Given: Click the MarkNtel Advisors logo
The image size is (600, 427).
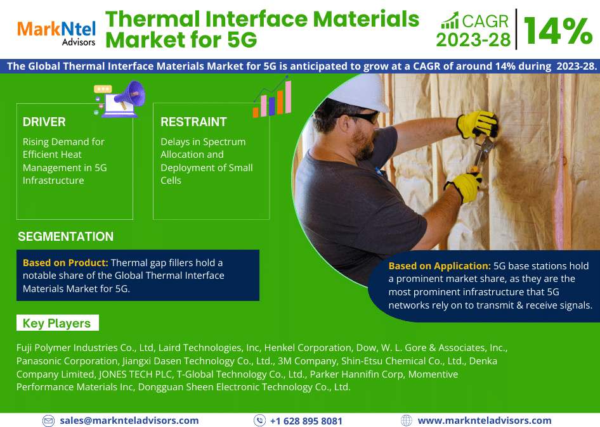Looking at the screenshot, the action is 56,34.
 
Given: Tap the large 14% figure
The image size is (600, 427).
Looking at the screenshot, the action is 558,31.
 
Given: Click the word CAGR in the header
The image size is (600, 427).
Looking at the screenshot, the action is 485,22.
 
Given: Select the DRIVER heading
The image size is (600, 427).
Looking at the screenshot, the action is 44,122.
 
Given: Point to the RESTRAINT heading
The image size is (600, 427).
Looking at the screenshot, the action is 193,122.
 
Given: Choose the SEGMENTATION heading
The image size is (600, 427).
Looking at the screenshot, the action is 65,237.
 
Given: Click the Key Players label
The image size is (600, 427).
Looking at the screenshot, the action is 56,323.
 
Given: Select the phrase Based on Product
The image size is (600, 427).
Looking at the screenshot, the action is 65,263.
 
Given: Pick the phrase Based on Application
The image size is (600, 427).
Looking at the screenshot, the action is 440,265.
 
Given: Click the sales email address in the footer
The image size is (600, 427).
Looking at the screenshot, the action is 129,421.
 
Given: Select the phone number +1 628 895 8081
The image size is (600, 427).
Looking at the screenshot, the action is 306,421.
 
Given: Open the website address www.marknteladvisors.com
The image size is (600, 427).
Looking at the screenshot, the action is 485,421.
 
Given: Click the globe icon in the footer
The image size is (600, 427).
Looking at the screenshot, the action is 407,421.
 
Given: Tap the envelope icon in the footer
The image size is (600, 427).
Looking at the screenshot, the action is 48,421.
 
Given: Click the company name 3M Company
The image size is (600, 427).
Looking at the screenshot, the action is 307,361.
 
